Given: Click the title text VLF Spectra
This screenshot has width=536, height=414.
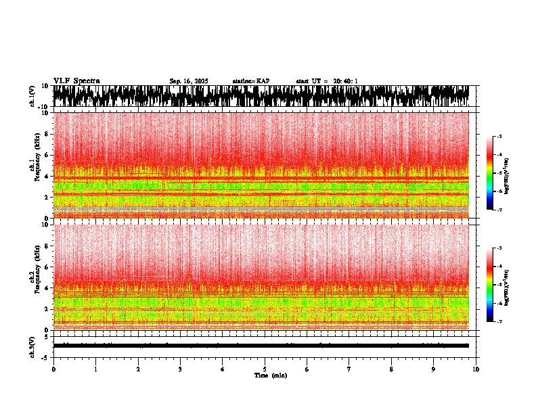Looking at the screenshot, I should click(76, 80).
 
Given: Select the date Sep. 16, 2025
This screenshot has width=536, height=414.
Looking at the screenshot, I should click(189, 81).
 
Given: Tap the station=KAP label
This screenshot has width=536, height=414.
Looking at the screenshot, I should click(251, 81).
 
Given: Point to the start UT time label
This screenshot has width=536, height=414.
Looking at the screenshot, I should click(327, 81).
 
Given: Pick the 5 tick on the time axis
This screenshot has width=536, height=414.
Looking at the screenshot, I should click(265, 369).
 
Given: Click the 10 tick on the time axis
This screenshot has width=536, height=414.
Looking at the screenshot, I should click(476, 369).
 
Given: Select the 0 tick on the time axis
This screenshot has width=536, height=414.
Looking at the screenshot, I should click(53, 369).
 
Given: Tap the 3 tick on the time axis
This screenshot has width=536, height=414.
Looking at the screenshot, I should click(180, 369).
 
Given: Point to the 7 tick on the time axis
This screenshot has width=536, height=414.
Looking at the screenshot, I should click(349, 369).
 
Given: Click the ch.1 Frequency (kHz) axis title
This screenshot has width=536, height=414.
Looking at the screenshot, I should click(34, 166).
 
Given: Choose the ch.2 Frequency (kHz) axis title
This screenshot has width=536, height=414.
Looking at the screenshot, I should click(34, 277).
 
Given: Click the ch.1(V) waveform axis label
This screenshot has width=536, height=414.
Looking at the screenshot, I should click(32, 97).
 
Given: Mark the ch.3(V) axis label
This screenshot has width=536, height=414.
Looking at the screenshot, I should click(32, 346).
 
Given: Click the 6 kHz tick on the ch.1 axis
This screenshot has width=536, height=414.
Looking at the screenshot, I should click(47, 155).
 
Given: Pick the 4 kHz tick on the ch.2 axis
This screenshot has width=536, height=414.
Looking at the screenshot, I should click(47, 287).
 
